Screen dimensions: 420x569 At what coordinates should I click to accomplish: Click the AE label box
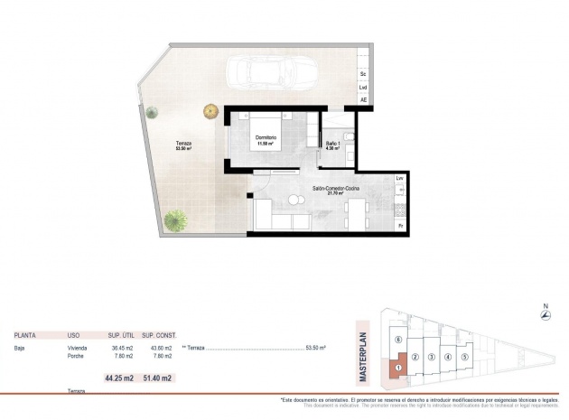click(x=363, y=99)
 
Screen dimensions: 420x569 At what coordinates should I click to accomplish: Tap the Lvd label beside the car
click(x=363, y=87)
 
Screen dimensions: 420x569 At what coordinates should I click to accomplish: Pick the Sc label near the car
click(x=363, y=72)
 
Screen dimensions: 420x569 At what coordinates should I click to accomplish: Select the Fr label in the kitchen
click(x=400, y=225)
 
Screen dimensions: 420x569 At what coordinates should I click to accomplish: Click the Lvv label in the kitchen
click(x=400, y=179)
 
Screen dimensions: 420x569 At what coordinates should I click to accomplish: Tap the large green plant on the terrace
click(x=177, y=219)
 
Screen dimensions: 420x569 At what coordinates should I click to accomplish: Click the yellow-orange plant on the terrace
click(x=210, y=111)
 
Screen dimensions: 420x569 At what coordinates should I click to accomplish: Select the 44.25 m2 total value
click(x=119, y=378)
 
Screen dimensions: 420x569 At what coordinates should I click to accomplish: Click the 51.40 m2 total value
click(x=158, y=378)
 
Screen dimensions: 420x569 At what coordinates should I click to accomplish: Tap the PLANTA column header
click(x=25, y=334)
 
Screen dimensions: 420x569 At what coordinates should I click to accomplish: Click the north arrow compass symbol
click(x=545, y=314)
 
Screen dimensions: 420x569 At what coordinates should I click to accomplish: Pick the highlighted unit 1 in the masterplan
click(x=396, y=368)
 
